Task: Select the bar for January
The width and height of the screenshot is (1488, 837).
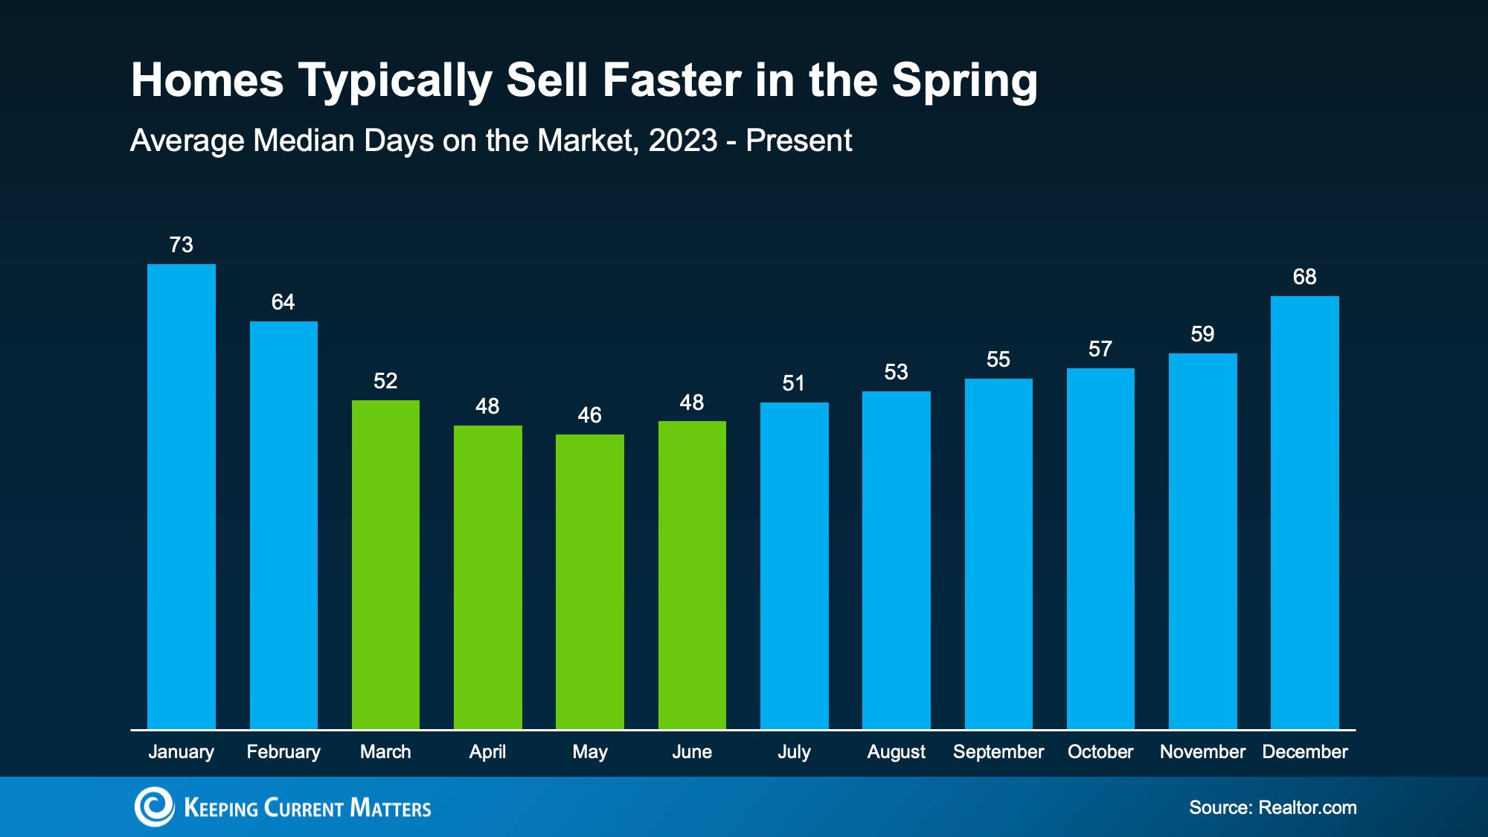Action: [x=182, y=496]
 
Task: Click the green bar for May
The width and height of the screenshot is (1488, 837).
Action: [x=590, y=582]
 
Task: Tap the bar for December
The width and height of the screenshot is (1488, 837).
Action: [x=1305, y=513]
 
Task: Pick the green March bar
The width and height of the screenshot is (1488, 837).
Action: [x=385, y=565]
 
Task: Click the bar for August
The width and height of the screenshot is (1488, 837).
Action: [x=897, y=560]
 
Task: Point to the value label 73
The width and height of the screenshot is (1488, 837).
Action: [x=182, y=245]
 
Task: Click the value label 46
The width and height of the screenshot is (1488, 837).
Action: [x=590, y=415]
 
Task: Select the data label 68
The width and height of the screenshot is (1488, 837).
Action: [x=1305, y=277]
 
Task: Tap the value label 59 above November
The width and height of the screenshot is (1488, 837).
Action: [x=1203, y=334]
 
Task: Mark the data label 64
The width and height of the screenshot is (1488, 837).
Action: [x=283, y=302]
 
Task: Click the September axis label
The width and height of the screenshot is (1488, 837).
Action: [x=998, y=752]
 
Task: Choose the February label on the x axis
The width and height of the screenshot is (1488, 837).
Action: [x=283, y=752]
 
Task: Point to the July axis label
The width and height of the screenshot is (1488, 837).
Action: [x=795, y=752]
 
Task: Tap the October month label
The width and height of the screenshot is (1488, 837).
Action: [x=1100, y=752]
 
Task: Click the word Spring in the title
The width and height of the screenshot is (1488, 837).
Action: [x=965, y=81]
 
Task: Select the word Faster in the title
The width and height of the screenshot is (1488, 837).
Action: [x=672, y=80]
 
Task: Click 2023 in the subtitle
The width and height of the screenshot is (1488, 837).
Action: [x=683, y=141]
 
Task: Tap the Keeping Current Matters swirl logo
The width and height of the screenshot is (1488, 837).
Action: [x=154, y=806]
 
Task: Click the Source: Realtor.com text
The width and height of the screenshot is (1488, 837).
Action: [x=1273, y=808]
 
